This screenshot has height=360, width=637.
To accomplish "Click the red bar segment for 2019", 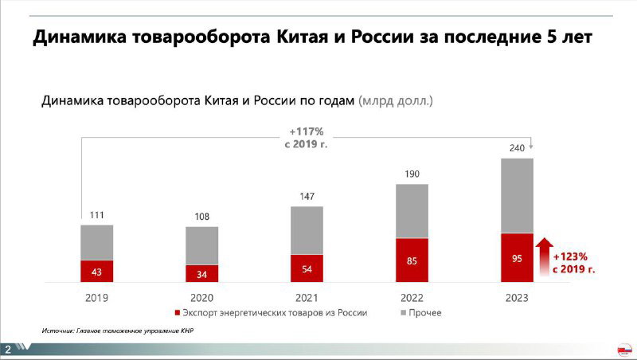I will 96,271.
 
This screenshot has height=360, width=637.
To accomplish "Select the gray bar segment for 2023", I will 517,195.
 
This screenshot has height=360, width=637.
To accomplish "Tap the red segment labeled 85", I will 412,260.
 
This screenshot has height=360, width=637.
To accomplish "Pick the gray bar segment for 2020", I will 201,245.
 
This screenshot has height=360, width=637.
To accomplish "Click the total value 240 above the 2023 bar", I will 517,148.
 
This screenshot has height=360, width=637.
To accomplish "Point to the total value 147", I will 307,196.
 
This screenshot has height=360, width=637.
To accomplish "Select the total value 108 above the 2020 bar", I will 201,217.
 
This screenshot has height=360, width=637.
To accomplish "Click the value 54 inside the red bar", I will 307,268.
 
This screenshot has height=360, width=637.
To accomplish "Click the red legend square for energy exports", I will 178,313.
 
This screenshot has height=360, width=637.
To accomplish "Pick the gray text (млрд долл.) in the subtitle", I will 396,101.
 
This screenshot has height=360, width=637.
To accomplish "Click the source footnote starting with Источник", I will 118,330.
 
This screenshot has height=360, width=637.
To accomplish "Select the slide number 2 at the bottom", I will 7,350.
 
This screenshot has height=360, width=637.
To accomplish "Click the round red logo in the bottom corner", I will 623,349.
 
